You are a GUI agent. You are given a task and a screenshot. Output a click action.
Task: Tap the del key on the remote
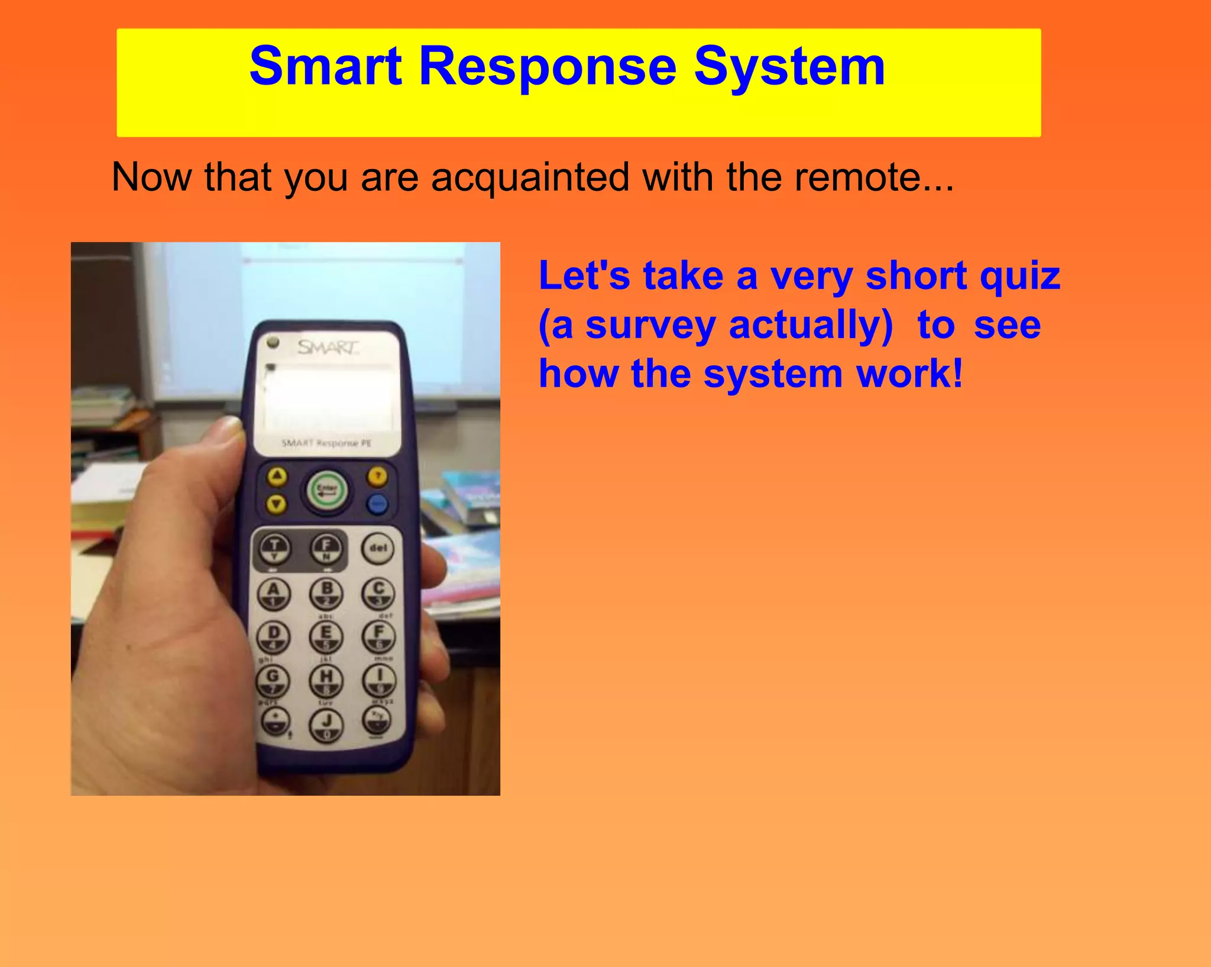point(378,548)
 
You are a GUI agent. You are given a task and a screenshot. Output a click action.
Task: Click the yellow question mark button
point(378,476)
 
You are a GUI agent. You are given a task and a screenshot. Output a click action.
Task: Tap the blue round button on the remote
point(377,504)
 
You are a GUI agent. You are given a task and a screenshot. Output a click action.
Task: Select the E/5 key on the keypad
point(326,636)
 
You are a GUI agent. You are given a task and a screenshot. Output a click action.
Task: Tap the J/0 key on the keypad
point(326,724)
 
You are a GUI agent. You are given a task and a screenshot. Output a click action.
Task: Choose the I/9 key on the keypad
point(379,679)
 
